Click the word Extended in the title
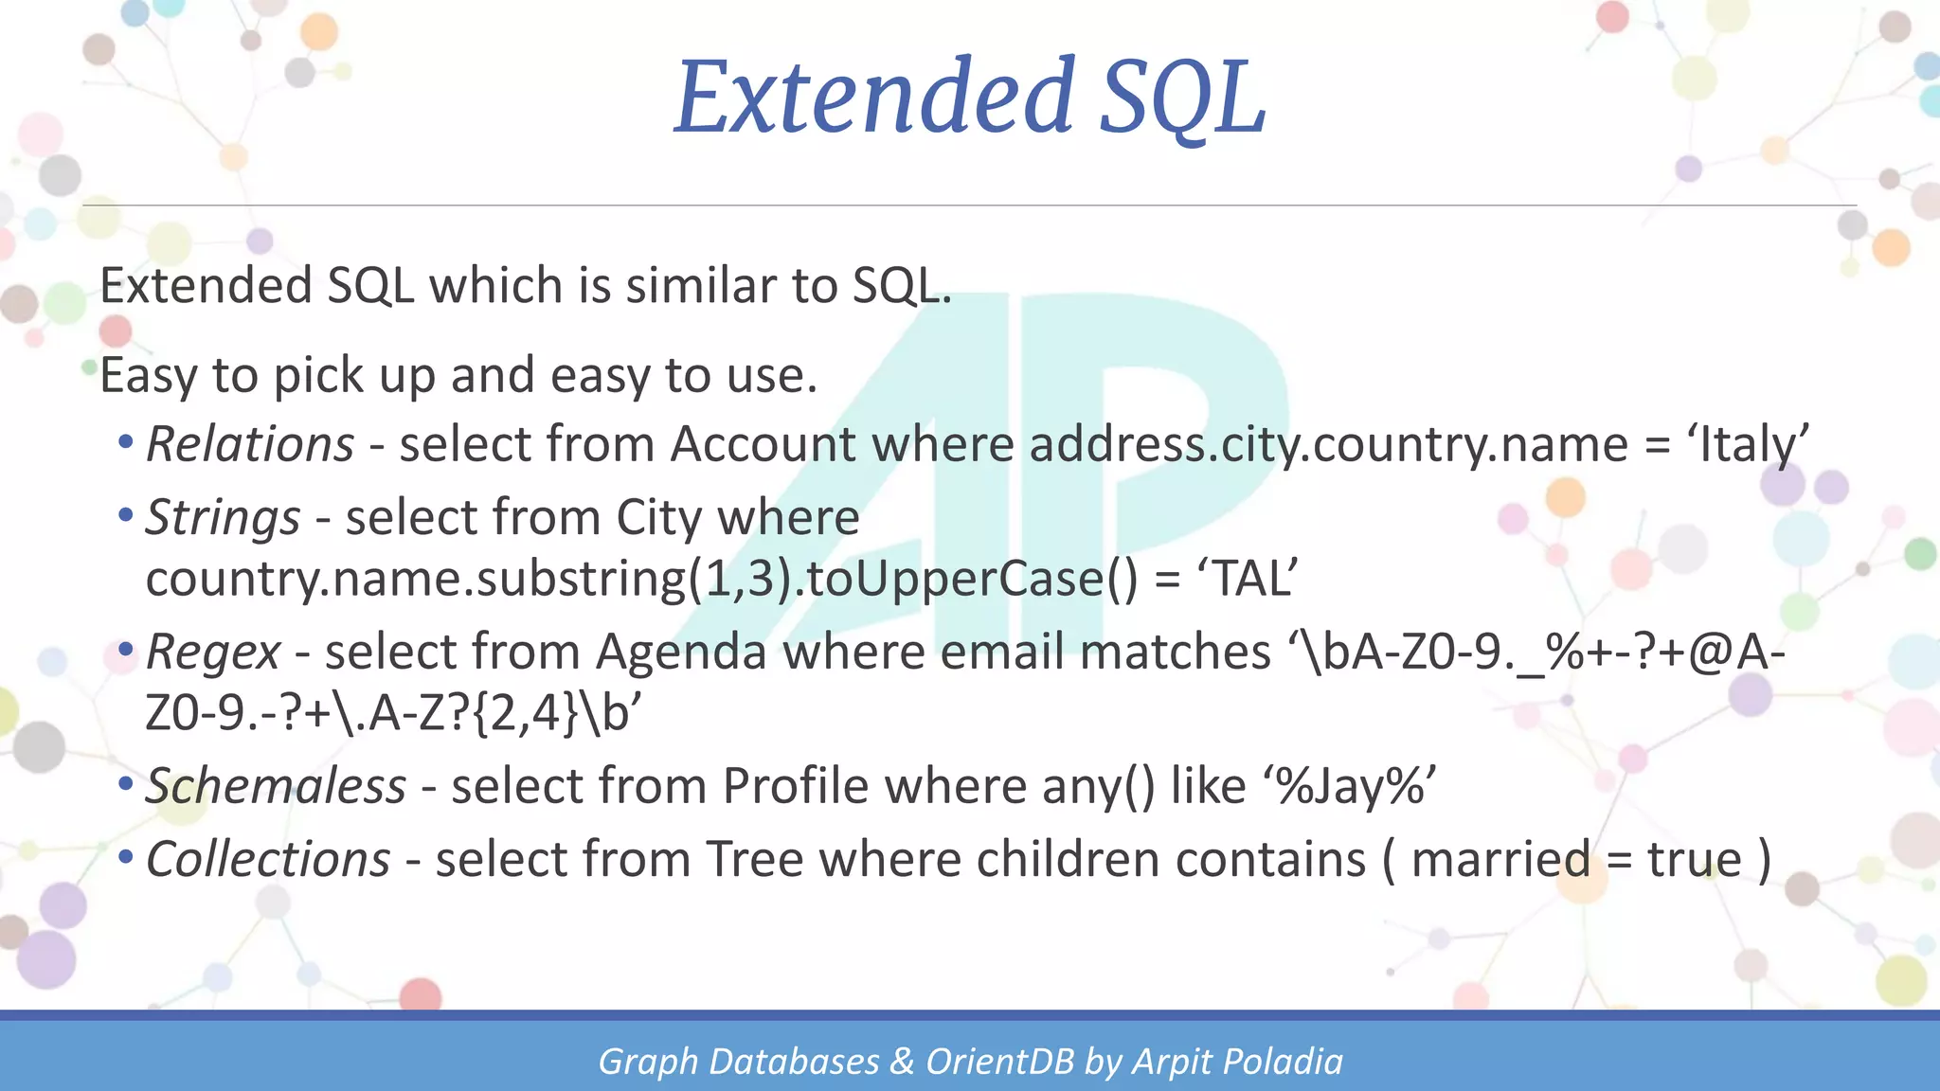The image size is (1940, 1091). [x=873, y=97]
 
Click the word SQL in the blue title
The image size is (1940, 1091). [x=1181, y=97]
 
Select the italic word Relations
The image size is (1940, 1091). [x=250, y=444]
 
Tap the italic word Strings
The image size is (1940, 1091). [x=223, y=518]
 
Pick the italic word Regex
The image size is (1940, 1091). [x=213, y=653]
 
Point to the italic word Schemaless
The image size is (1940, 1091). [x=276, y=787]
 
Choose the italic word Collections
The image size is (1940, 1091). [x=268, y=860]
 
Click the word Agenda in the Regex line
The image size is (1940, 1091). [x=681, y=653]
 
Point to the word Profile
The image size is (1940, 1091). [x=795, y=787]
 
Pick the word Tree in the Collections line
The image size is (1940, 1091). [x=754, y=860]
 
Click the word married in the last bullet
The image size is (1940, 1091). [x=1500, y=860]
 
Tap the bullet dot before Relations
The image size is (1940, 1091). [x=126, y=442]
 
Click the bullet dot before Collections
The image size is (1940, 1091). [x=126, y=858]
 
